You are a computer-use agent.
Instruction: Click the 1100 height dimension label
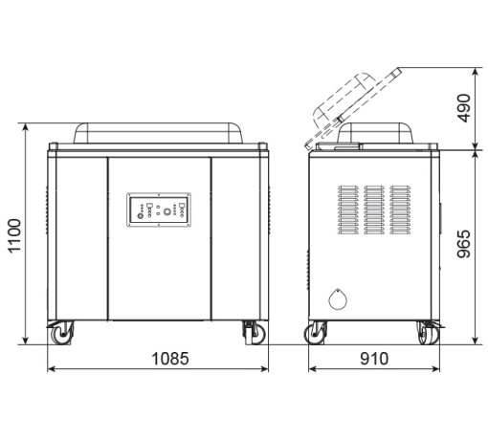coord(14,236)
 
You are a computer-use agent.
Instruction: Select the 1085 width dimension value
coord(170,359)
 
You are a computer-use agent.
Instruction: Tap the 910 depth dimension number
coord(374,359)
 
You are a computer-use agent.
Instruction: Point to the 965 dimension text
coord(463,244)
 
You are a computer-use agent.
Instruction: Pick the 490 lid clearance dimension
coord(463,108)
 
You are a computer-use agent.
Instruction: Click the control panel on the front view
coord(159,209)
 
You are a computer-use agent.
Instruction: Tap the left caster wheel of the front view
coord(61,333)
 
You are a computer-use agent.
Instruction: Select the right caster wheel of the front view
coord(255,333)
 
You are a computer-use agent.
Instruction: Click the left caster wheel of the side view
coord(315,333)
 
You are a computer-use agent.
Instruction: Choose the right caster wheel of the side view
coord(429,333)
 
